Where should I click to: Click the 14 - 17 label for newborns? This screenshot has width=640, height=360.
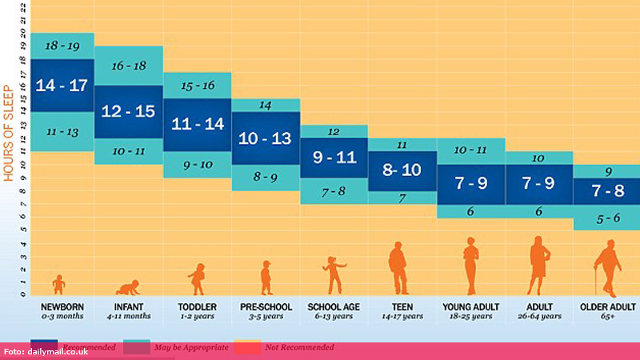tap(61, 85)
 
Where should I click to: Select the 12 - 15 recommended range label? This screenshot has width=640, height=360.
tap(129, 112)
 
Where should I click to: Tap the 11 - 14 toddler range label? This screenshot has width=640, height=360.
tap(197, 124)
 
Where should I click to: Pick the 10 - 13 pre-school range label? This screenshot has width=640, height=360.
tap(266, 138)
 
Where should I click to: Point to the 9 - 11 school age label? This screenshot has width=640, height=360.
tap(334, 158)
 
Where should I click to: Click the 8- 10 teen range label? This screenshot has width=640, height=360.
tap(402, 170)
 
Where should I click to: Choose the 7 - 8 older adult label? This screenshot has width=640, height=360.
tap(606, 191)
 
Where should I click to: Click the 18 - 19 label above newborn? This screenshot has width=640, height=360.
tap(61, 46)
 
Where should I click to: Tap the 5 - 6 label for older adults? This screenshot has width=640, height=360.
tap(606, 218)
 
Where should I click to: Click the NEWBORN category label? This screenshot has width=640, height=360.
tap(61, 306)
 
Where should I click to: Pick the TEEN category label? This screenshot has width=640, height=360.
tap(402, 306)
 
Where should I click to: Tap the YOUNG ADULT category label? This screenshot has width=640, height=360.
tap(470, 306)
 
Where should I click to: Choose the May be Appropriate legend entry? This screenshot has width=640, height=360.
tap(197, 347)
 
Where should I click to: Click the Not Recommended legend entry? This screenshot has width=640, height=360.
tap(299, 347)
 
